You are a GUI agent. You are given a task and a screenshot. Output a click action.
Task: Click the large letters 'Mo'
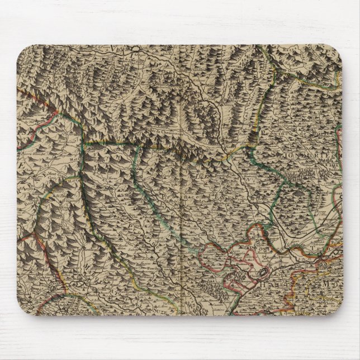pyautogui.click(x=329, y=286)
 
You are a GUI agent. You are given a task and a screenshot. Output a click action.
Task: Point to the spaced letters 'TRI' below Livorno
pyautogui.click(x=327, y=235)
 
